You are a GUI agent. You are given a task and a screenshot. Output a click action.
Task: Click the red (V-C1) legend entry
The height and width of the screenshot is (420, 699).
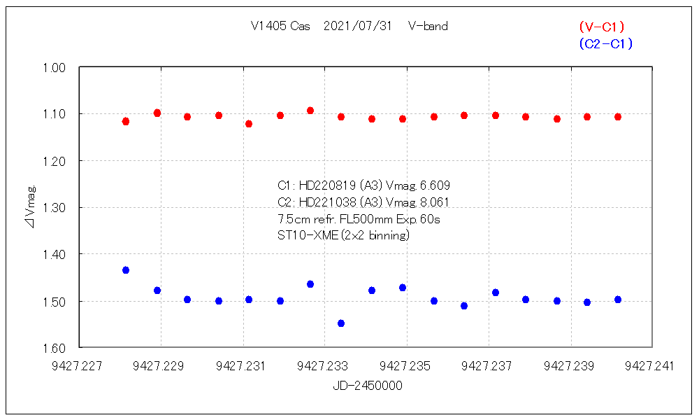click(601, 27)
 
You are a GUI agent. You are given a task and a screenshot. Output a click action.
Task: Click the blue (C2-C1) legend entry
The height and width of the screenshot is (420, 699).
click(605, 43)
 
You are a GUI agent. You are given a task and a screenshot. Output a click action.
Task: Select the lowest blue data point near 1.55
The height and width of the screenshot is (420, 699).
click(341, 323)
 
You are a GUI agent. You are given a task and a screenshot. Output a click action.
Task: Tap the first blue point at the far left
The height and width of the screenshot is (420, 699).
click(126, 270)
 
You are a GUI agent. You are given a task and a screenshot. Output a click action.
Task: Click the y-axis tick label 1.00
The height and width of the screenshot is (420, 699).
click(55, 67)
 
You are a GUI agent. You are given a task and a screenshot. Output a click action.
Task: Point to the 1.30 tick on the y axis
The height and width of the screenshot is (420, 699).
click(55, 208)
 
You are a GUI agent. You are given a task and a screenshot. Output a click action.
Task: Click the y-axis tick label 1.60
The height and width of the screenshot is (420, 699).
click(55, 348)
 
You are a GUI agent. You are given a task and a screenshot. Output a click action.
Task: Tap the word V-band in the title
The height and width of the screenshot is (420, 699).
click(428, 27)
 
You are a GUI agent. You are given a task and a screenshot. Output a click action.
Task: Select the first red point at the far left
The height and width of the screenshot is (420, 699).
click(126, 121)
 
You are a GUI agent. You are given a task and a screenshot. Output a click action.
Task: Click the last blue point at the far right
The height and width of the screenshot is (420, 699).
click(618, 300)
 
